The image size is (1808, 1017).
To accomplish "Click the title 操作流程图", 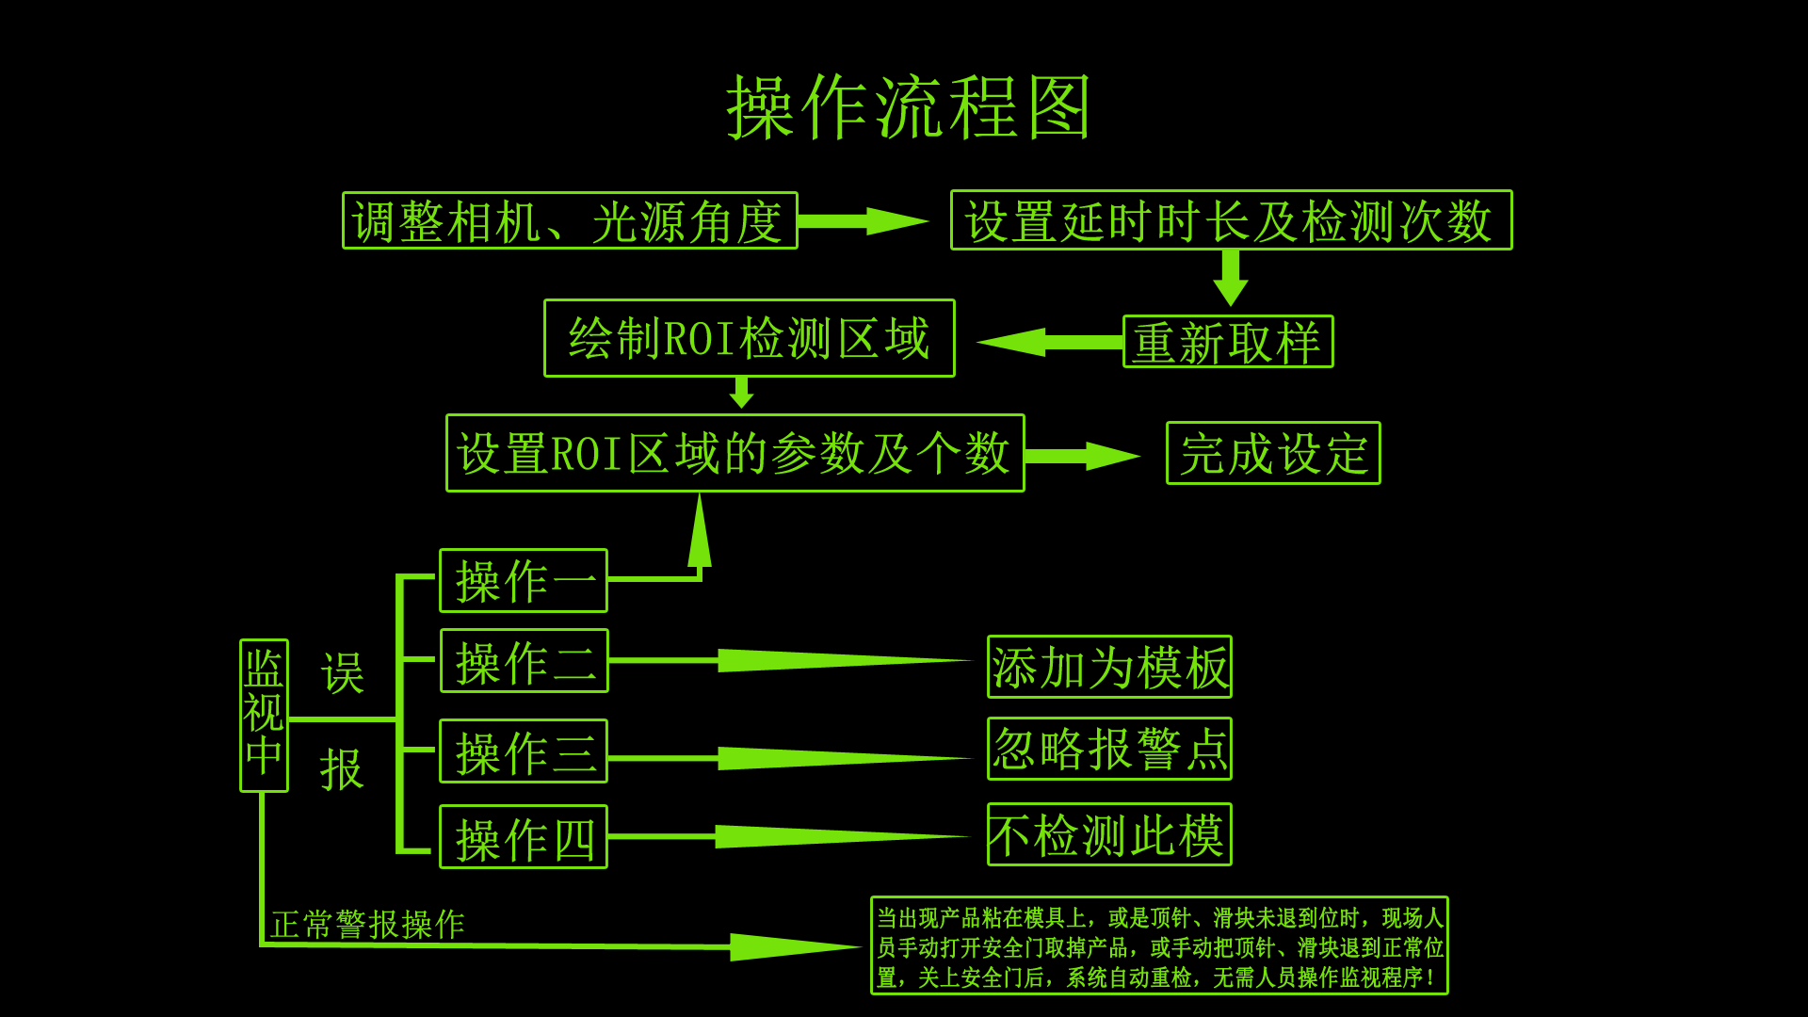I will (908, 107).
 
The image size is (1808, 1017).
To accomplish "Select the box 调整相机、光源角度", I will (570, 221).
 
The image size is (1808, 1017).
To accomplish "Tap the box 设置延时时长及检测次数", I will (1231, 220).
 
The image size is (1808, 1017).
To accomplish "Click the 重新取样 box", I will (1228, 342).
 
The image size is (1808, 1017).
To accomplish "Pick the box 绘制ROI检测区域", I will (749, 338).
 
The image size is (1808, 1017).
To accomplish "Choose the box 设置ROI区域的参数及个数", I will (734, 453).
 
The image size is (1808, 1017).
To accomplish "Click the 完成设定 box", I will (1273, 453).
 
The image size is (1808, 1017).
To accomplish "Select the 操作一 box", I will (524, 581).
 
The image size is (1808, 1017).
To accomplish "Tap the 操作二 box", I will (525, 661).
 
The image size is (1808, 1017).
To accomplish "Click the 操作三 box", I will (524, 751).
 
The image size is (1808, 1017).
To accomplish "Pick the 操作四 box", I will (524, 837).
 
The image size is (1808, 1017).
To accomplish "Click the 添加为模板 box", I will (1109, 667).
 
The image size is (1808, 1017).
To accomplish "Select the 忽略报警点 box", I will (1109, 749).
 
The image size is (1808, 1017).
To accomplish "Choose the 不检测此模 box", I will (1109, 834).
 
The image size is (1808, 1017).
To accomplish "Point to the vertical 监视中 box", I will (264, 716).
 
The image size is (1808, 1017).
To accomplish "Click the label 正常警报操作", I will (367, 924).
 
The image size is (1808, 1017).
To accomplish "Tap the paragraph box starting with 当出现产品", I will (1159, 945).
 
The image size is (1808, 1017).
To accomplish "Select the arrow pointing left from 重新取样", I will (1050, 342).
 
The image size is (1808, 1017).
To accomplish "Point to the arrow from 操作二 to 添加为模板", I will (791, 661).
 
